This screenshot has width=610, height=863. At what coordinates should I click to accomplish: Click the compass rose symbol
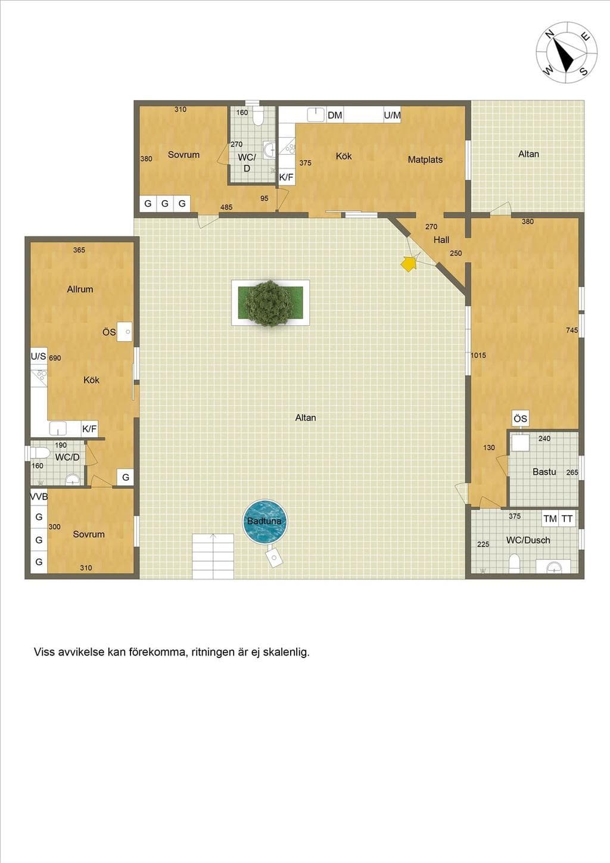click(567, 53)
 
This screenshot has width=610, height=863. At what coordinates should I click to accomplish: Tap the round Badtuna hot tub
click(264, 522)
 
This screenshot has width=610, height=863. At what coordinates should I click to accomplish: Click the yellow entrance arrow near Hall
click(409, 264)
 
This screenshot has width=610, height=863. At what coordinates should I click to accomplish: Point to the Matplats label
click(425, 160)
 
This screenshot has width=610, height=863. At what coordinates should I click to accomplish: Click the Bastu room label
click(544, 472)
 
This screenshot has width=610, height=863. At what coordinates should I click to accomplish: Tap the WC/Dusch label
click(528, 540)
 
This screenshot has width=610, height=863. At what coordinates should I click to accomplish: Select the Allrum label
click(80, 289)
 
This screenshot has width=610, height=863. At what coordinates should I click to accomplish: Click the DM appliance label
click(334, 115)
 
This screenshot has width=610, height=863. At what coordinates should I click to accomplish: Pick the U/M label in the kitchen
click(393, 115)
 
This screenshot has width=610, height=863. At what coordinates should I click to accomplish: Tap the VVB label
click(39, 497)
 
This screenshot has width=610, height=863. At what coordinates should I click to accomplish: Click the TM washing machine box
click(550, 519)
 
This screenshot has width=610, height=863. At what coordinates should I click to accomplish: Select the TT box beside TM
click(567, 519)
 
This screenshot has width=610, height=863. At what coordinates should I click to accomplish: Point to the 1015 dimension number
click(478, 356)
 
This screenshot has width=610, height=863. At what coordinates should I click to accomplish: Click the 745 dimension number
click(572, 330)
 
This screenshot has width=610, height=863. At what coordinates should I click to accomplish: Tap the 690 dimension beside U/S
click(55, 359)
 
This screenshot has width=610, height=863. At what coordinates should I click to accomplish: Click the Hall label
click(441, 240)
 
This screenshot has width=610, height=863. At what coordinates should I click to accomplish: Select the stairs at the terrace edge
click(213, 556)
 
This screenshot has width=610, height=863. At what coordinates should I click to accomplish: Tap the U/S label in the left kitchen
click(38, 357)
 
